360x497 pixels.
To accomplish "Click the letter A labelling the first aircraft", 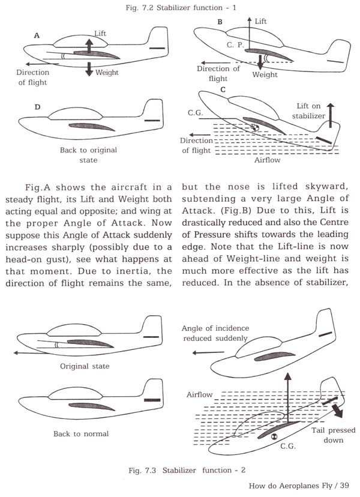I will [37, 36].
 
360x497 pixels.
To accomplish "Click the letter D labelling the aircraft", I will [38, 107].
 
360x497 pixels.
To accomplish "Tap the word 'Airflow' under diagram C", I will [266, 161].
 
